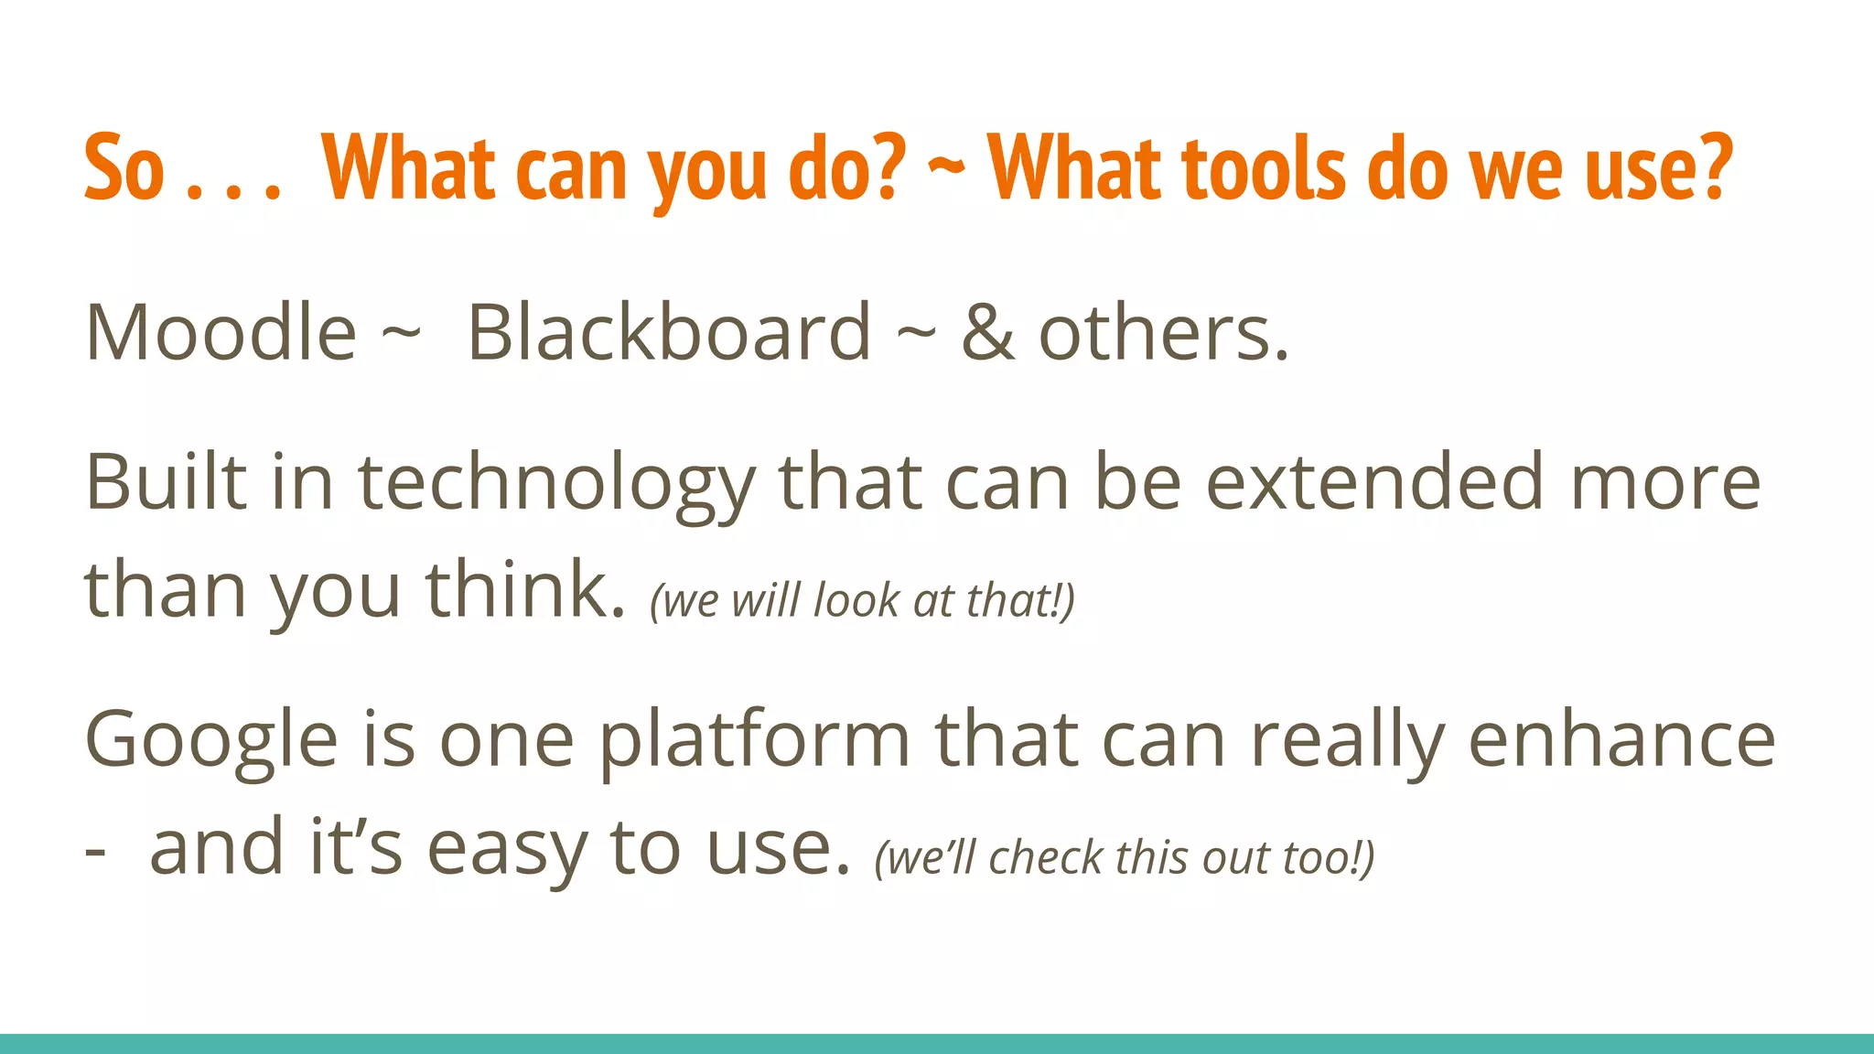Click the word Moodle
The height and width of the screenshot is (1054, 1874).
[220, 333]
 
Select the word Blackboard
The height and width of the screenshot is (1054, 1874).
[669, 333]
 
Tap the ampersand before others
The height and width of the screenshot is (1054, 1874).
[987, 333]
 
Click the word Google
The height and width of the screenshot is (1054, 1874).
[211, 741]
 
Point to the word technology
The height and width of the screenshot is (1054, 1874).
[555, 485]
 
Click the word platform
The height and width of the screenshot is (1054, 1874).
[755, 741]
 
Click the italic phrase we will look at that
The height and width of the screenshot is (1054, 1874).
[862, 601]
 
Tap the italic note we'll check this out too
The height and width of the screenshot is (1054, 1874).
[1125, 858]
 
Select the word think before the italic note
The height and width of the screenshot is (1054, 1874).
[525, 590]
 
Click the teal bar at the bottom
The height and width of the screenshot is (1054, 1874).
[937, 1043]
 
